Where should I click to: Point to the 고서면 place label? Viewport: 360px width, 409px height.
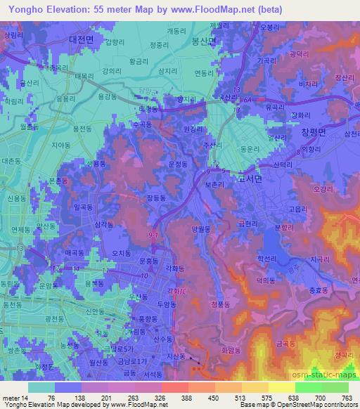coord(250,178)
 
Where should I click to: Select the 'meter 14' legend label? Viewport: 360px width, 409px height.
coord(15,397)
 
